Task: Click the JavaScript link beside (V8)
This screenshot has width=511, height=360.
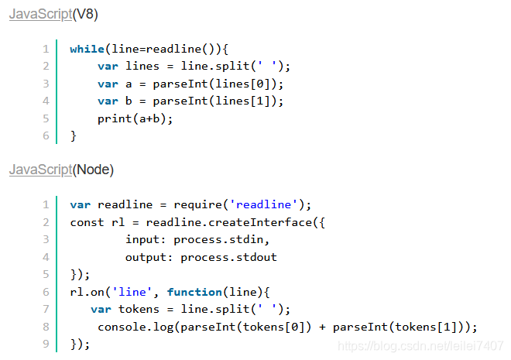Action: click(41, 15)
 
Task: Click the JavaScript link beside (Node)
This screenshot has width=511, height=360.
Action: click(41, 170)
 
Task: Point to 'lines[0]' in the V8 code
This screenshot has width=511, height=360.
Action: click(252, 84)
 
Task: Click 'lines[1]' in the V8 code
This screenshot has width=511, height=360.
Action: click(252, 101)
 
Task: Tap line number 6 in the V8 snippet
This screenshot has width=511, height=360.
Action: click(46, 136)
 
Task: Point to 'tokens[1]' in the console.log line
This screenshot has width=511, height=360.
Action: click(427, 327)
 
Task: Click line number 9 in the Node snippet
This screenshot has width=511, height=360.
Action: click(46, 344)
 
